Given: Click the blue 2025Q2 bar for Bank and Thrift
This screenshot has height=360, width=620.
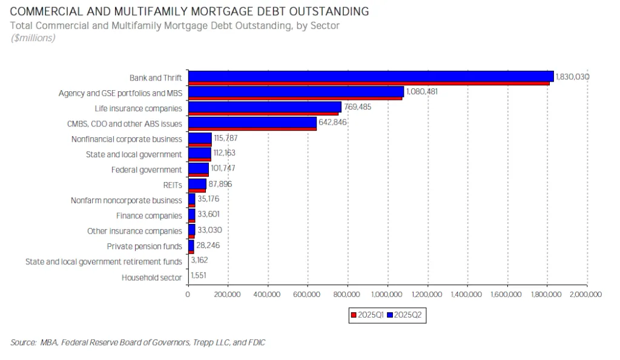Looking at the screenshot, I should click(x=371, y=76).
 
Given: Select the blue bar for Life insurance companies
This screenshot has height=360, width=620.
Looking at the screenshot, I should click(x=265, y=106).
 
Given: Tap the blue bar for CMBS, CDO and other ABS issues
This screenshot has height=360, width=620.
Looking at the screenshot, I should click(x=252, y=122).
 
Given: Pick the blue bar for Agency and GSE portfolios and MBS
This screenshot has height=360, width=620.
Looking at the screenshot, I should click(x=295, y=91).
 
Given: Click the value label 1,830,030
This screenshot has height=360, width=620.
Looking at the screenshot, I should click(x=573, y=77).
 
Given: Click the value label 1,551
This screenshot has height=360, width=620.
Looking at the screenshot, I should click(x=199, y=276).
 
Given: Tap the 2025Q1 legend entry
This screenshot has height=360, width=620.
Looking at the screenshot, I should click(x=367, y=315).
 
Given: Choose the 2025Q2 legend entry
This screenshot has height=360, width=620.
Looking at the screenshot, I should click(x=407, y=315).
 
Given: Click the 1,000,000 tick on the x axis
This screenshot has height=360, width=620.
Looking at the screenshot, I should click(x=387, y=295).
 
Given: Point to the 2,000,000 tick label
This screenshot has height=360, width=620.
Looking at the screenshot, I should click(x=586, y=295).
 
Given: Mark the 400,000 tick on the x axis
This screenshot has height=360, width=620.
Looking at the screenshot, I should click(x=268, y=295).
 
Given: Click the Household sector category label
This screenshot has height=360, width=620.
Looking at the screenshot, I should click(x=151, y=277).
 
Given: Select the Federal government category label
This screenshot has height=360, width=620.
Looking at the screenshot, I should click(x=146, y=170).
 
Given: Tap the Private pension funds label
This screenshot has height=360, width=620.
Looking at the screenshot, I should click(x=144, y=246).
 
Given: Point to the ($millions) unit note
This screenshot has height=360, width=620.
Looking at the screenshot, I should click(x=33, y=38).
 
